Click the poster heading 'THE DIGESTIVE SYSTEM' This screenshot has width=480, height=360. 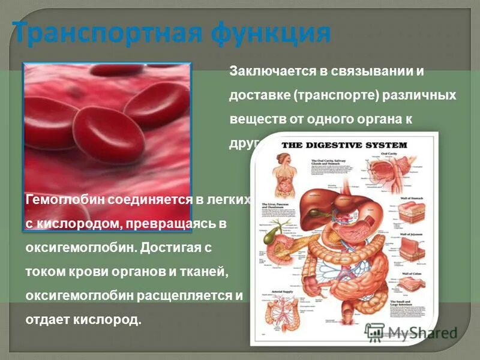point(344,145)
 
